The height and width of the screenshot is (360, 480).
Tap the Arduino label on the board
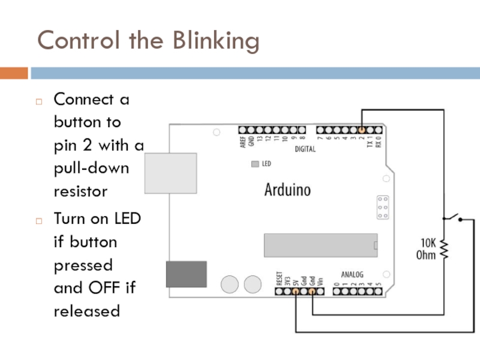click(288, 190)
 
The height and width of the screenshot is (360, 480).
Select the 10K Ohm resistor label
click(427, 249)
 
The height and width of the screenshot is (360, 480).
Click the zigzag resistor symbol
click(444, 248)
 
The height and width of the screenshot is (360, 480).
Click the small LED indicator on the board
click(255, 163)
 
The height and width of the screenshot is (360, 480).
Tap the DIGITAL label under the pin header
click(305, 149)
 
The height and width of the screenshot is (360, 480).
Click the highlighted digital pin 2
click(362, 130)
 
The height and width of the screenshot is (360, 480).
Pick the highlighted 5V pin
click(296, 292)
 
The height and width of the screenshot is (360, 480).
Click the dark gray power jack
click(186, 274)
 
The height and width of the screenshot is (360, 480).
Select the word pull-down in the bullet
click(91, 168)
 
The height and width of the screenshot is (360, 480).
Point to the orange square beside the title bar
click(14, 73)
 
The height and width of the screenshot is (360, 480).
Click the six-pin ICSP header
click(382, 207)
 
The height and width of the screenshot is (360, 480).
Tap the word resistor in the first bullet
click(80, 191)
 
